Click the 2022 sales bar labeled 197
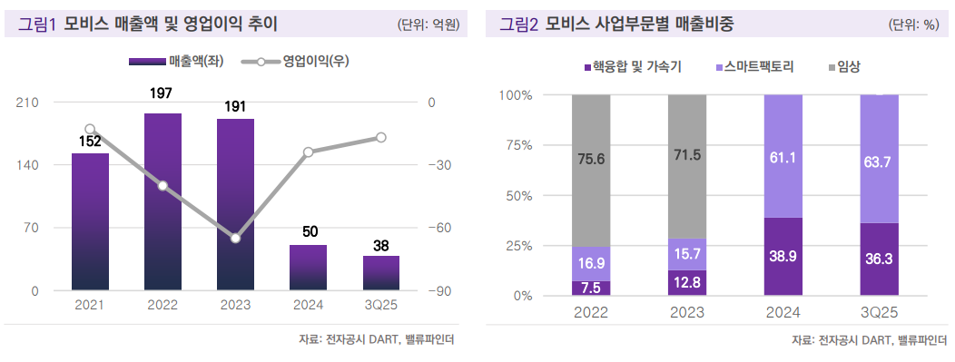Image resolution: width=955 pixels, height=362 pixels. tap(162, 201)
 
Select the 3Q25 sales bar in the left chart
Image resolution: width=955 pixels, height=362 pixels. tap(380, 273)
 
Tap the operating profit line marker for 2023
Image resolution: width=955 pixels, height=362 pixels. tap(235, 238)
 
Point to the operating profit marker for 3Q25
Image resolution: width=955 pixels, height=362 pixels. tap(380, 137)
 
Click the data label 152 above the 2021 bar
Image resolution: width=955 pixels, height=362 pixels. tap(90, 141)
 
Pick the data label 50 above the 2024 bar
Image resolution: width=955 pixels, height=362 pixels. tap(308, 232)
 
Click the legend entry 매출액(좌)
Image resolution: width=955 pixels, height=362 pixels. tap(177, 62)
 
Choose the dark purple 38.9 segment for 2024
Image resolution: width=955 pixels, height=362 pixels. tap(783, 257)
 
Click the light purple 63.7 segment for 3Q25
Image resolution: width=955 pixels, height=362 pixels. tap(879, 159)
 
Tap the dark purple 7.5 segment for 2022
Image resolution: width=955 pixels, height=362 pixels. tap(590, 288)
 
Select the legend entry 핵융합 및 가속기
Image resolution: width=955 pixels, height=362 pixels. tap(632, 67)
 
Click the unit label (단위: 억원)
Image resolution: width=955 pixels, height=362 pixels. tap(428, 24)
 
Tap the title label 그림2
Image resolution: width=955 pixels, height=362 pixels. tap(520, 24)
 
